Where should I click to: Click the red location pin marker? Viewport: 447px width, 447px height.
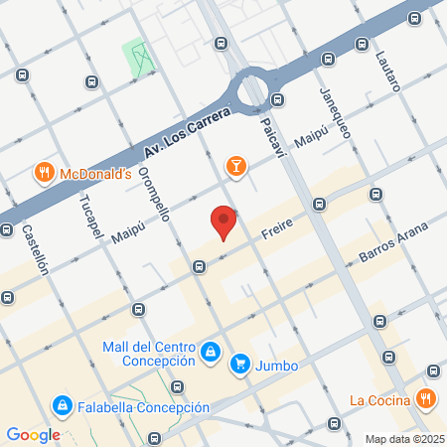click(x=223, y=222)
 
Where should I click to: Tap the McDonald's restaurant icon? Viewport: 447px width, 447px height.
click(x=44, y=174)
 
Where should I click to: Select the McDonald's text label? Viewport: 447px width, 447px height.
click(x=95, y=174)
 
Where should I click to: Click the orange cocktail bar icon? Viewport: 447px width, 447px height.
click(x=235, y=166)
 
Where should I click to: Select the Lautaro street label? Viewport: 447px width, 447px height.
click(x=387, y=70)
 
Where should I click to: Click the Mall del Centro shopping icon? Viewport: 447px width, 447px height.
click(x=211, y=352)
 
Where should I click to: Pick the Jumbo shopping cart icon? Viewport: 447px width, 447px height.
click(x=239, y=365)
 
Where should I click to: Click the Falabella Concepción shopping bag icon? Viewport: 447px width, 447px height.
click(x=63, y=407)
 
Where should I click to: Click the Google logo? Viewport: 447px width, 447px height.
click(x=33, y=434)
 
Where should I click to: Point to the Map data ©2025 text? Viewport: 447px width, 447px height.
click(x=402, y=439)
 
